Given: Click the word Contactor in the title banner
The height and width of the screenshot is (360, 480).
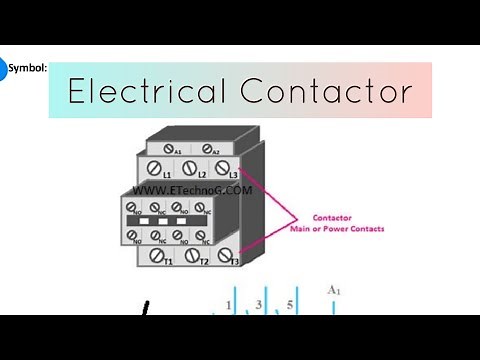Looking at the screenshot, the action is coord(326,92).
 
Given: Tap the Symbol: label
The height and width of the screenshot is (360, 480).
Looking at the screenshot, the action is coord(27,69).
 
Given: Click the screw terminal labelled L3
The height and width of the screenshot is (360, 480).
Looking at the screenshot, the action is coord(223,168).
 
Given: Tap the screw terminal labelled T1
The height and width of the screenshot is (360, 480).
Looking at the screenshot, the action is coord(158,255).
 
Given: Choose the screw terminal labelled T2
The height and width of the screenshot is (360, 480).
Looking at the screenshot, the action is coord(194,255).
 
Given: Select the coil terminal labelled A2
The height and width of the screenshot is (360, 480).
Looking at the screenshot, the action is coord(209,149).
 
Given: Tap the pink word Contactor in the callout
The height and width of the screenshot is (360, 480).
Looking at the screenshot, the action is coord(332,217).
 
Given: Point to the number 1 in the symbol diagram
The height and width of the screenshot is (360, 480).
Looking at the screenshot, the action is coord(229,304).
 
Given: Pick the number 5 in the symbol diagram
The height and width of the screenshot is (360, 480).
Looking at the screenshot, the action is coord(290,304).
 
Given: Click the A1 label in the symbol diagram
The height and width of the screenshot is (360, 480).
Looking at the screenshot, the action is coord(334,290).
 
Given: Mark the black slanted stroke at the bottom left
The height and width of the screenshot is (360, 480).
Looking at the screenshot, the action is coord(148,309).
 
